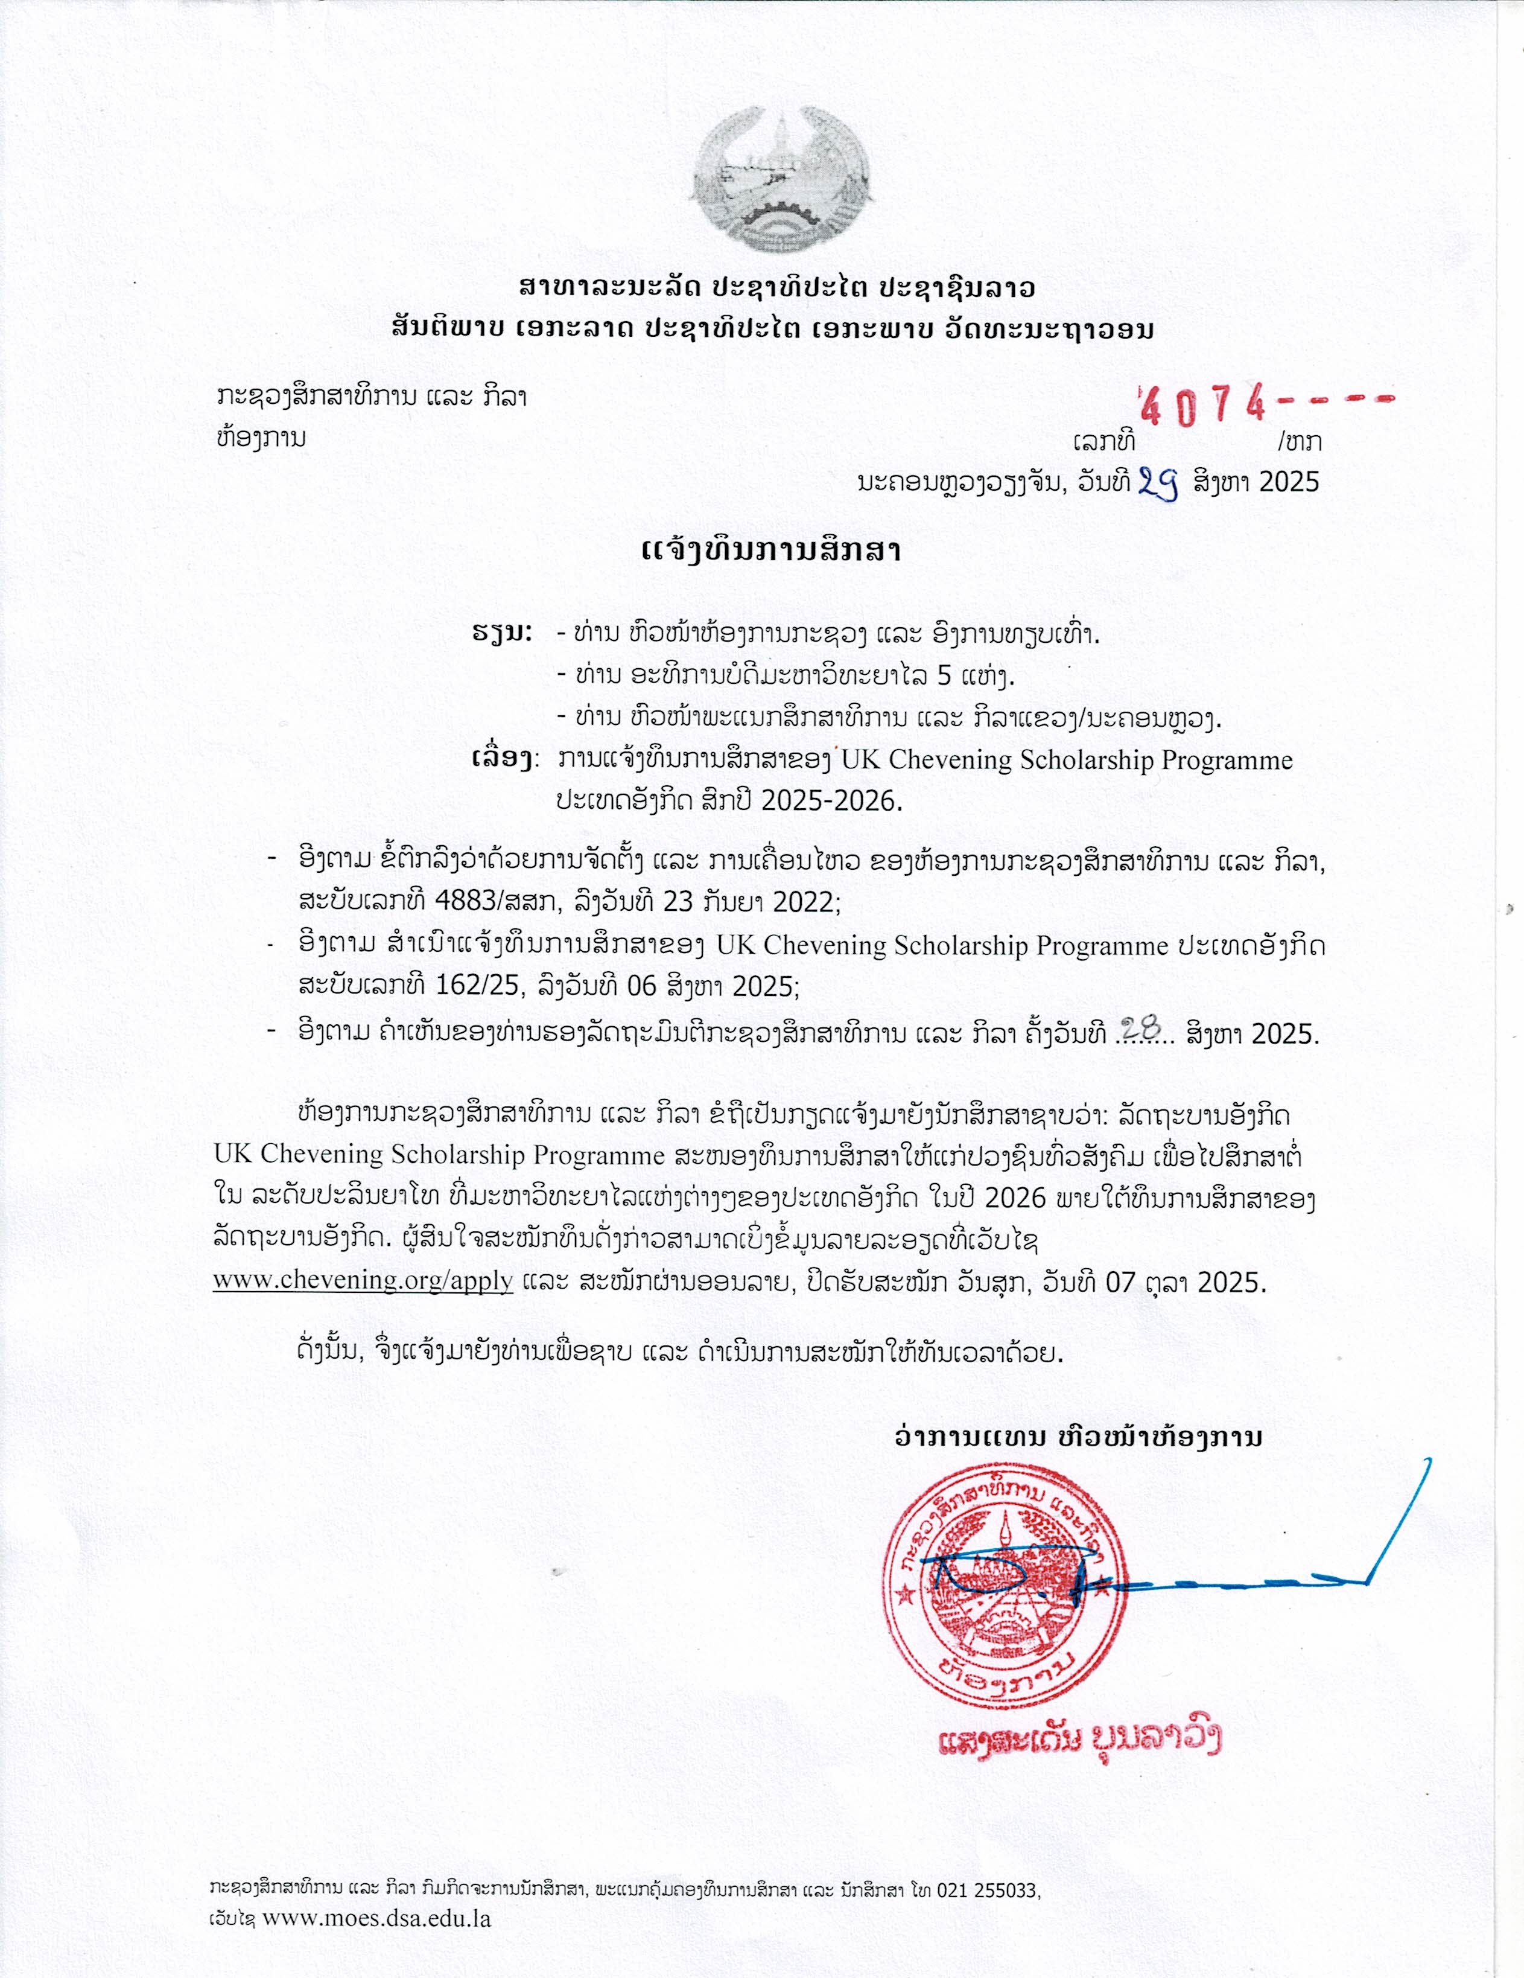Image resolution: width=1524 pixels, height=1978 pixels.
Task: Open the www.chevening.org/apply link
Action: coord(363,1281)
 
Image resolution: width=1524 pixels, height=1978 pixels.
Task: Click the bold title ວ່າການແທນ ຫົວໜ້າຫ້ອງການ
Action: coord(1078,1437)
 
